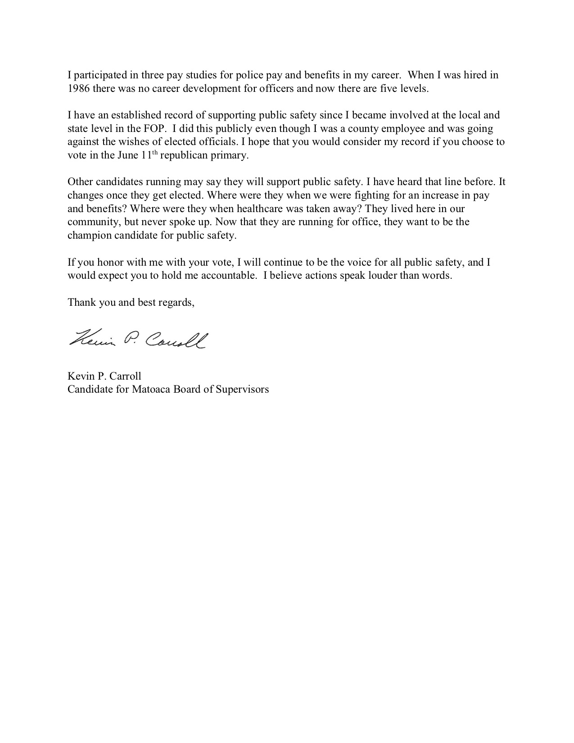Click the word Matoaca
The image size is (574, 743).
click(149, 389)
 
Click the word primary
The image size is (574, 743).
click(232, 156)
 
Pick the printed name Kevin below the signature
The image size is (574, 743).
click(79, 376)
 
